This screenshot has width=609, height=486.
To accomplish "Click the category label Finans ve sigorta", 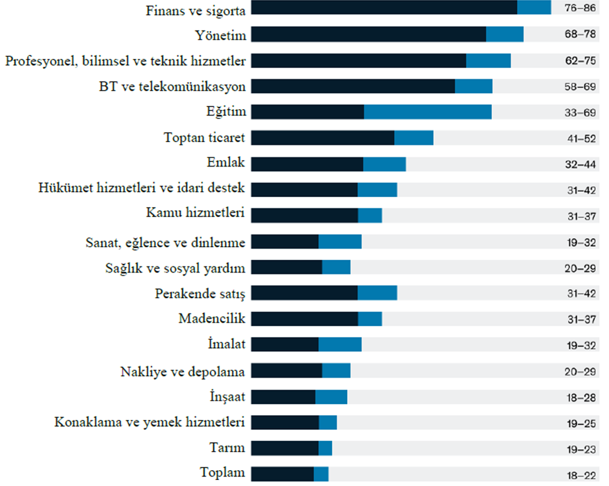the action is [195, 11].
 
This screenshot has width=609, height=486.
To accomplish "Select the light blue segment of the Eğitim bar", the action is [428, 112].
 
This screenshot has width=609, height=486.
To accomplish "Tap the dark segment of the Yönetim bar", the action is [368, 34].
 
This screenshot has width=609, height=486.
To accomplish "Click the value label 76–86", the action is [580, 8].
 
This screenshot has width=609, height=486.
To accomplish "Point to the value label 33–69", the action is [580, 112].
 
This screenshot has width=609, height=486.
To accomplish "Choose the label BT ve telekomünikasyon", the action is [172, 87].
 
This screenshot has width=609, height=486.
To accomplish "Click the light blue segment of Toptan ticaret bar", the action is [414, 138].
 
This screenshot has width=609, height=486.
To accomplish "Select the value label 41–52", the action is [581, 139].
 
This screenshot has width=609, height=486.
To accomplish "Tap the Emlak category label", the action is [225, 162].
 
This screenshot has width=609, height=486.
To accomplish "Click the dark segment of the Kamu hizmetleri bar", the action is [304, 216].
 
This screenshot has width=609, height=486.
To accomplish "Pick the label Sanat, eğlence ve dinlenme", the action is [165, 243].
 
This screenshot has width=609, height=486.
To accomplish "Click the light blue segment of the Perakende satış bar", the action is [377, 293].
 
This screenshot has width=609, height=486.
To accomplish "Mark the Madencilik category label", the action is [212, 319].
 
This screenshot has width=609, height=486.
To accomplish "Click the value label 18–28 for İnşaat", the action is [581, 398].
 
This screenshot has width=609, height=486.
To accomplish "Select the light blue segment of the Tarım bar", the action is [325, 448].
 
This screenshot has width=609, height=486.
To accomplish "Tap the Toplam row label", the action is [222, 472].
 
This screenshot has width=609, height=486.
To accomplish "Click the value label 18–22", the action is [581, 475].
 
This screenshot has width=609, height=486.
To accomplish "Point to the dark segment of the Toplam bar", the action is [282, 474].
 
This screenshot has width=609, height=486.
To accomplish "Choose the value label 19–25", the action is [581, 423].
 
